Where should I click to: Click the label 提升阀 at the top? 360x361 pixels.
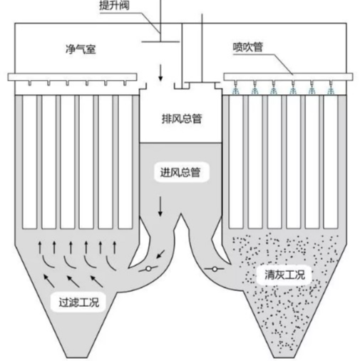(x=114, y=6)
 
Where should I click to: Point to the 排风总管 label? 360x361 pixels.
(x=182, y=118)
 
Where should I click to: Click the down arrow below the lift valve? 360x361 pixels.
(x=160, y=72)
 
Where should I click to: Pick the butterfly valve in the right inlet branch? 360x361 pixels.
(x=214, y=269)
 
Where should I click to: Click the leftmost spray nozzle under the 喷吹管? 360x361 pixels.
(x=236, y=89)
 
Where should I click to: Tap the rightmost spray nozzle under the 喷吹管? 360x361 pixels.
(x=329, y=89)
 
